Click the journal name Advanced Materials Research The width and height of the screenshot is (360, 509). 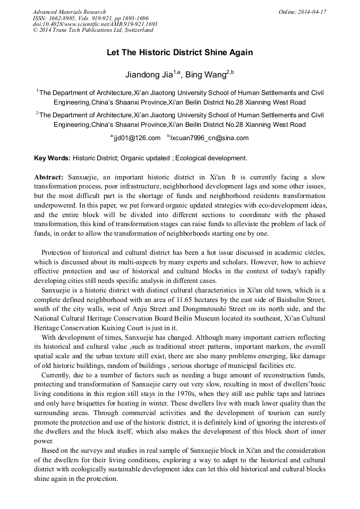pos(69,12)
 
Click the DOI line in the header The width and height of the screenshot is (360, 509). pos(95,24)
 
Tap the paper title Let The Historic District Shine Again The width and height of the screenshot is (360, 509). pos(179,53)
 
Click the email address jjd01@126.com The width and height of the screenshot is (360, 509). pos(137,138)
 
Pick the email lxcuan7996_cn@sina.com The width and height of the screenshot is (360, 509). pos(209,138)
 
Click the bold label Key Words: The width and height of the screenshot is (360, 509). pos(52,158)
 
